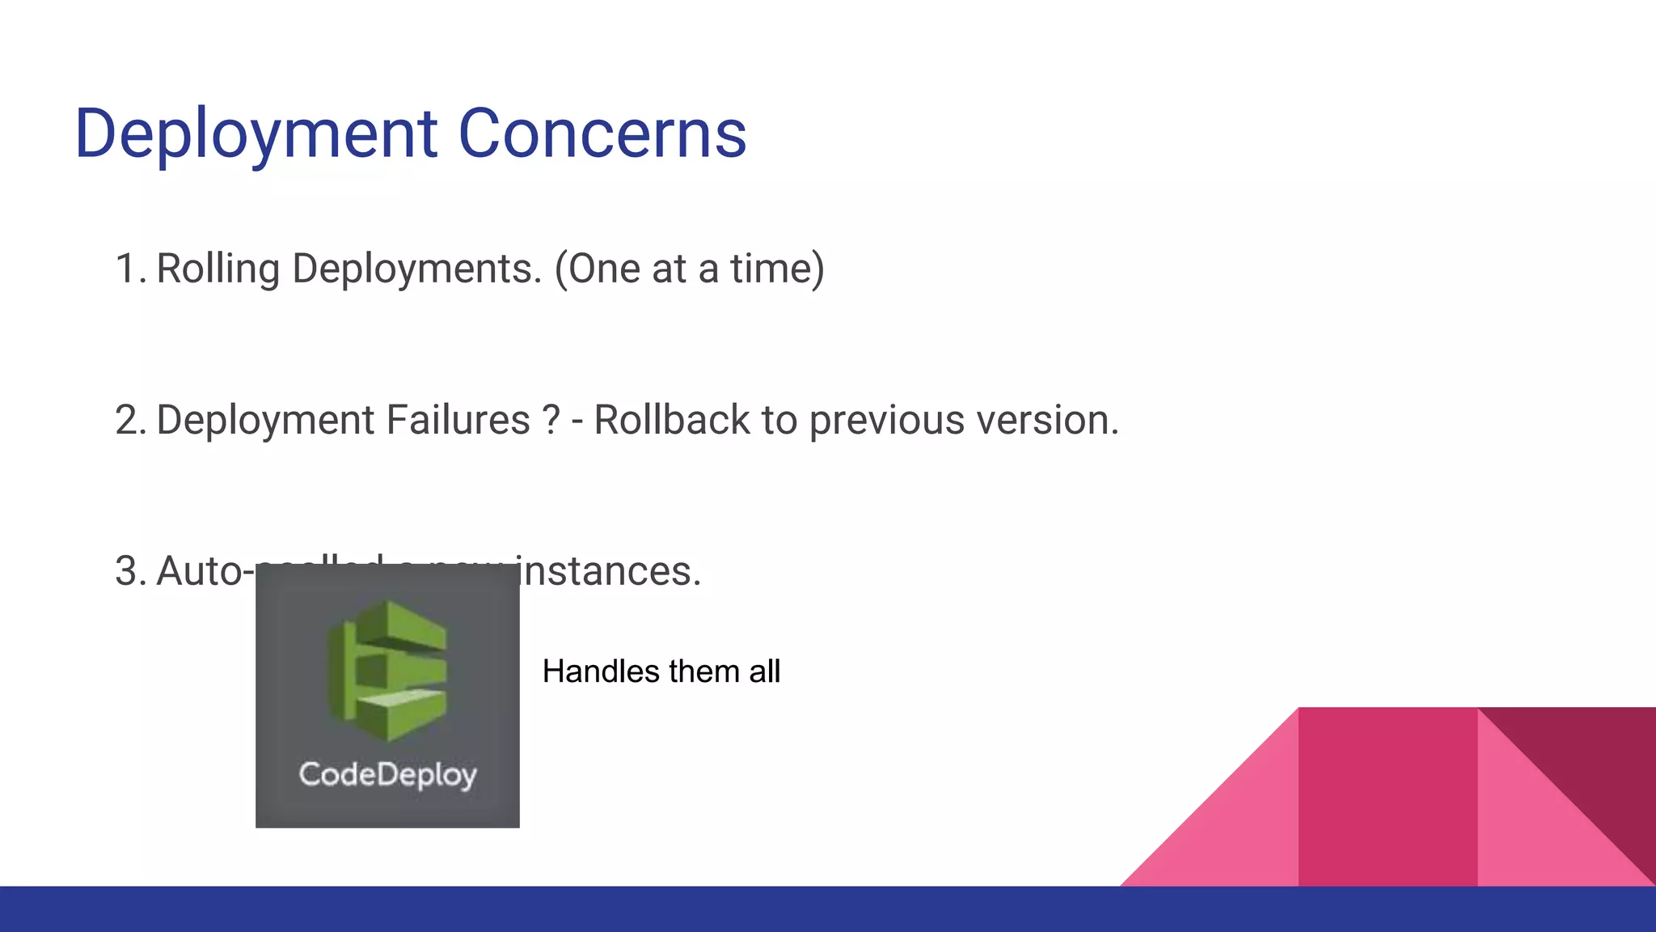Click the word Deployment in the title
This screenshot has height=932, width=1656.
tap(256, 134)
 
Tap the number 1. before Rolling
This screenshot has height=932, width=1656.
tap(129, 269)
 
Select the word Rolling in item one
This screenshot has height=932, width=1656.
tap(218, 269)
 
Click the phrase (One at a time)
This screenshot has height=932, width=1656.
tap(689, 269)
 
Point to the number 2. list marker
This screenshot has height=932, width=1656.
tap(129, 420)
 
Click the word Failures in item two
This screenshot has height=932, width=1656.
tap(457, 420)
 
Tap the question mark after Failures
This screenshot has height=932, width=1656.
tap(551, 420)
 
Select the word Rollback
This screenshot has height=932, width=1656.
tap(672, 420)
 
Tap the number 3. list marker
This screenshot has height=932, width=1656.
tap(129, 571)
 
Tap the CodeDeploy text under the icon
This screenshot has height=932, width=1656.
tap(387, 775)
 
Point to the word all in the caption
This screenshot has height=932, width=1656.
tap(764, 671)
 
